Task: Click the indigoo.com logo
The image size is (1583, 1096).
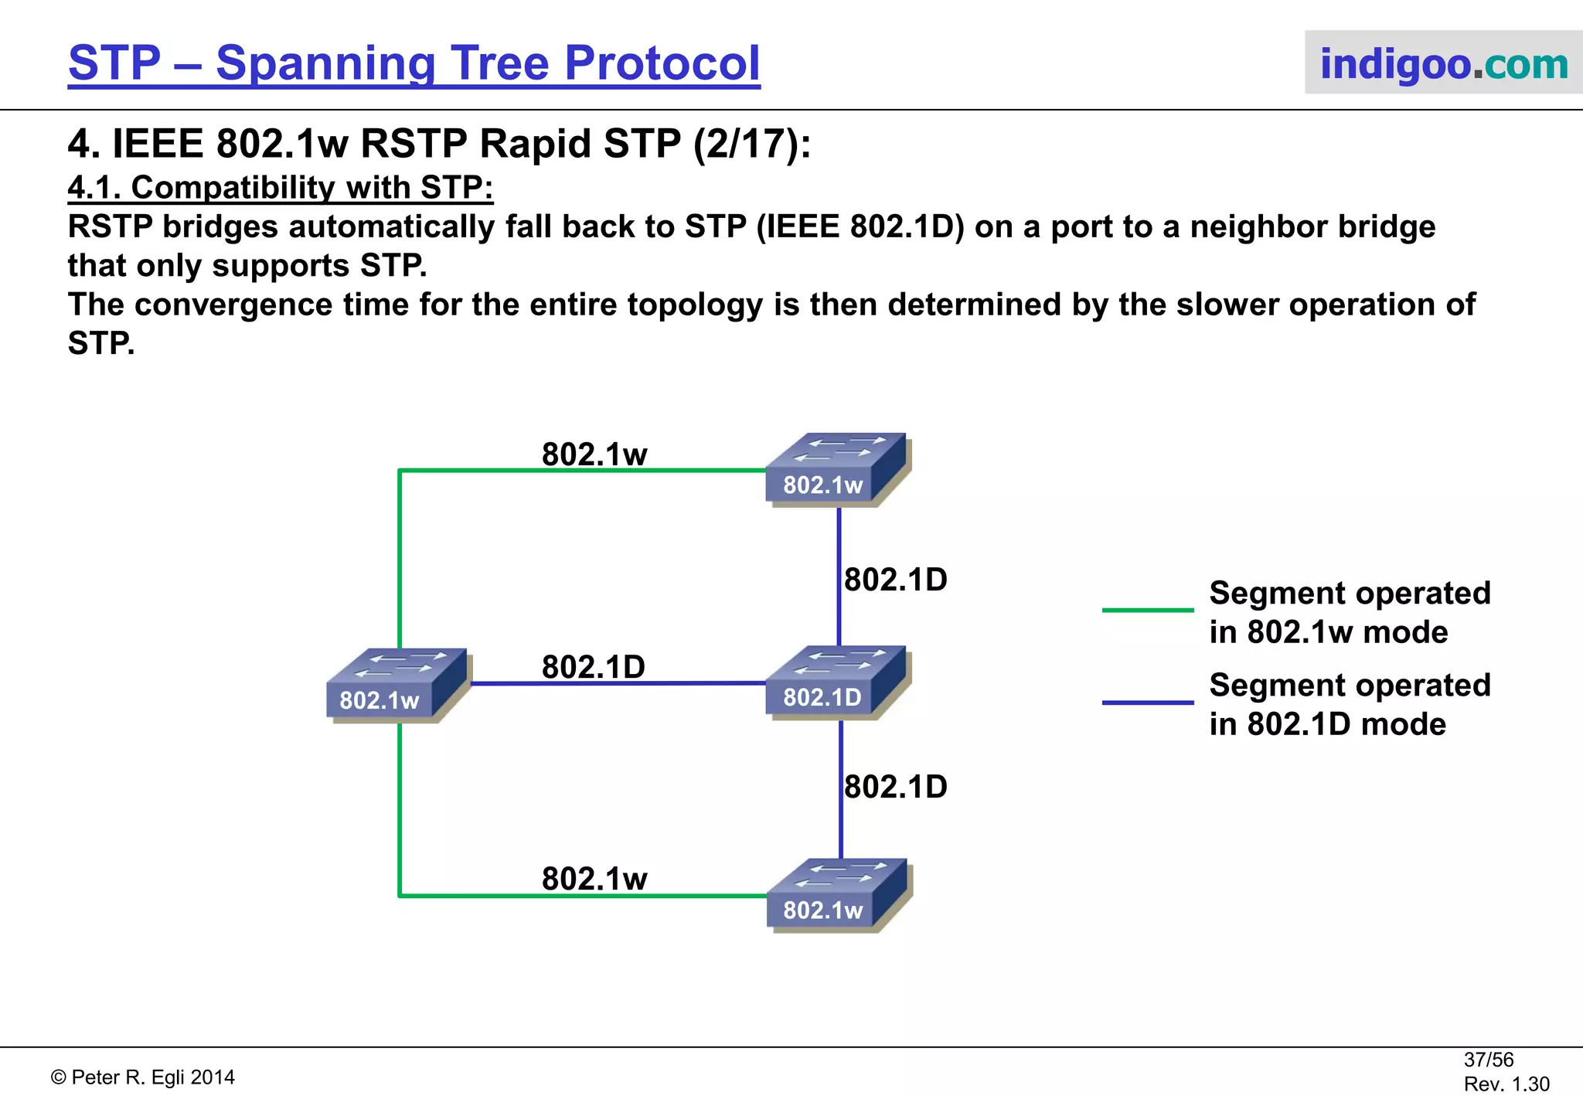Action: point(1443,63)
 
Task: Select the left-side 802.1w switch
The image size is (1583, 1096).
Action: point(396,685)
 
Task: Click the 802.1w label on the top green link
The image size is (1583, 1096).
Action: point(594,454)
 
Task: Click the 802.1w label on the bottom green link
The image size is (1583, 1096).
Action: point(594,879)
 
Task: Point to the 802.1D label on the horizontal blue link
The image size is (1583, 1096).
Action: point(593,667)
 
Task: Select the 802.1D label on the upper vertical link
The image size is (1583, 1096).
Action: point(895,580)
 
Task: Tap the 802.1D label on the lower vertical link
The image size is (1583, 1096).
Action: point(895,787)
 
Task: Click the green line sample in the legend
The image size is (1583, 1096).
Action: point(1147,611)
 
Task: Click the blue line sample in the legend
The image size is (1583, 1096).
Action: point(1147,703)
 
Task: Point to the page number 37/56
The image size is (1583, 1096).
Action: point(1488,1060)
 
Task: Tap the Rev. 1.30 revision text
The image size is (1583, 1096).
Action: point(1506,1084)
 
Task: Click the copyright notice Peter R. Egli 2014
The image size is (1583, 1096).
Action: point(143,1077)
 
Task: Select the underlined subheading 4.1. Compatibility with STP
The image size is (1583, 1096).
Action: point(280,188)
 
